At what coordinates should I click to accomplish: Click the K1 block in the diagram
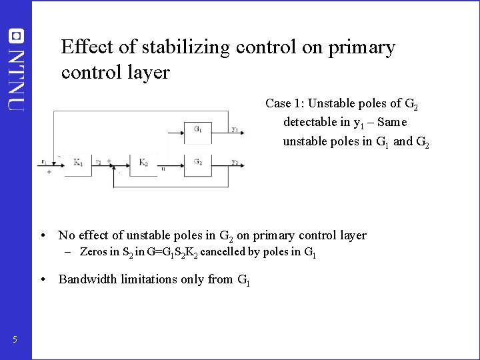78,163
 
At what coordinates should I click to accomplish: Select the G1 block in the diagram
198,129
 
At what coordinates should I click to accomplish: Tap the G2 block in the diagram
198,162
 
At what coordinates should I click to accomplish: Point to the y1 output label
235,129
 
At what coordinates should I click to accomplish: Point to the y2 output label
235,161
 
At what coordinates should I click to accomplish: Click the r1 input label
43,161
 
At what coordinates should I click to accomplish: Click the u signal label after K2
163,169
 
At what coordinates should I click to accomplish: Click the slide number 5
15,341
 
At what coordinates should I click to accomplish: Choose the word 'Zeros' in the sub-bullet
93,252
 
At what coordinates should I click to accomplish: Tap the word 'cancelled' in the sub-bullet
223,252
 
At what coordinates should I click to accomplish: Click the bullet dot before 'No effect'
42,235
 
